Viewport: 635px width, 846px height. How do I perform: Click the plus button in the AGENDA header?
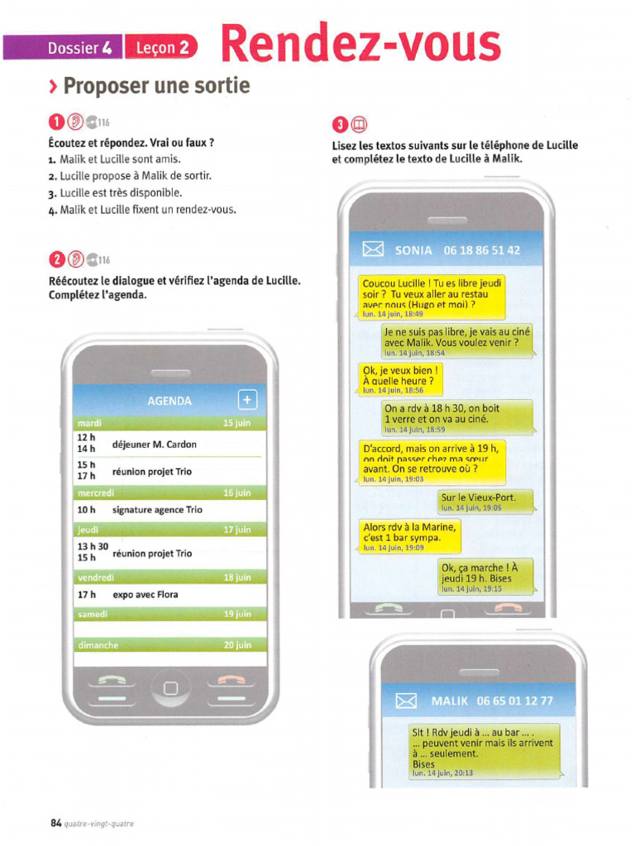click(x=247, y=401)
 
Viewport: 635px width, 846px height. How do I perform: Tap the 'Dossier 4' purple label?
click(x=62, y=47)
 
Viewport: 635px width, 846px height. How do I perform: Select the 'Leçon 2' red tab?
click(x=161, y=47)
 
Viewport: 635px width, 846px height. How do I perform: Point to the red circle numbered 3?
click(x=339, y=125)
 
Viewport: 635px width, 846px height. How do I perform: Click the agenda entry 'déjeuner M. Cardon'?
click(x=155, y=444)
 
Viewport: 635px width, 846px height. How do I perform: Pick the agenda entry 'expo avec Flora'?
click(x=146, y=595)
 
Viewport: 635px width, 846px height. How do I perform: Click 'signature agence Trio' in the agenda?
click(x=157, y=511)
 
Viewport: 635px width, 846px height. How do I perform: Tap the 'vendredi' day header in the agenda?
click(x=93, y=577)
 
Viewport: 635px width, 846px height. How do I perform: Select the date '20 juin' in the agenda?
click(x=237, y=645)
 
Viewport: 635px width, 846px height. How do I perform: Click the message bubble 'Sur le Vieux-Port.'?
click(x=486, y=501)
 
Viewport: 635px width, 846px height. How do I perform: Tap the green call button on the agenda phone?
click(x=111, y=682)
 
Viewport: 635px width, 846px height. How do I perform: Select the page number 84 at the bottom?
click(x=56, y=823)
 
